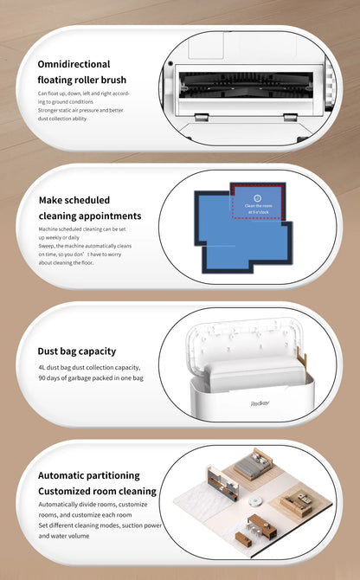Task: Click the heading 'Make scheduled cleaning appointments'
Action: [x=90, y=208]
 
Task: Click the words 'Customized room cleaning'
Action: [x=97, y=492]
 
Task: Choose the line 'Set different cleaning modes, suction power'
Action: [x=100, y=525]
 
